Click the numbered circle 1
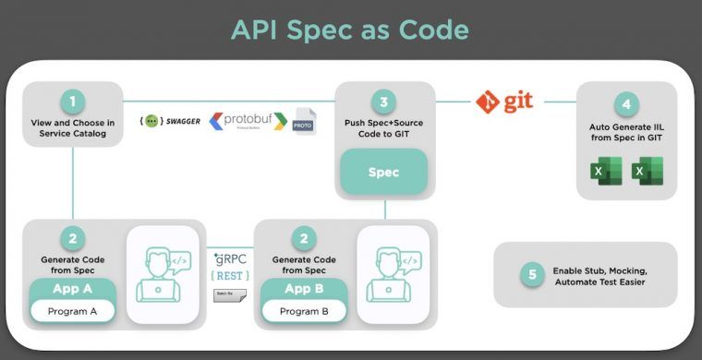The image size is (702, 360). (x=73, y=101)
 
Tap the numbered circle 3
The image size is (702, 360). (x=383, y=101)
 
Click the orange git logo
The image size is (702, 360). (x=504, y=101)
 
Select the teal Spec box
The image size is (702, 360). (x=383, y=173)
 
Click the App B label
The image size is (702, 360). (x=304, y=287)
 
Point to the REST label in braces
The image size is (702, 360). (x=227, y=275)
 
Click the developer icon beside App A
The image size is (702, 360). (x=162, y=274)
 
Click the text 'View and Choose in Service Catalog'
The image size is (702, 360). (x=73, y=127)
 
